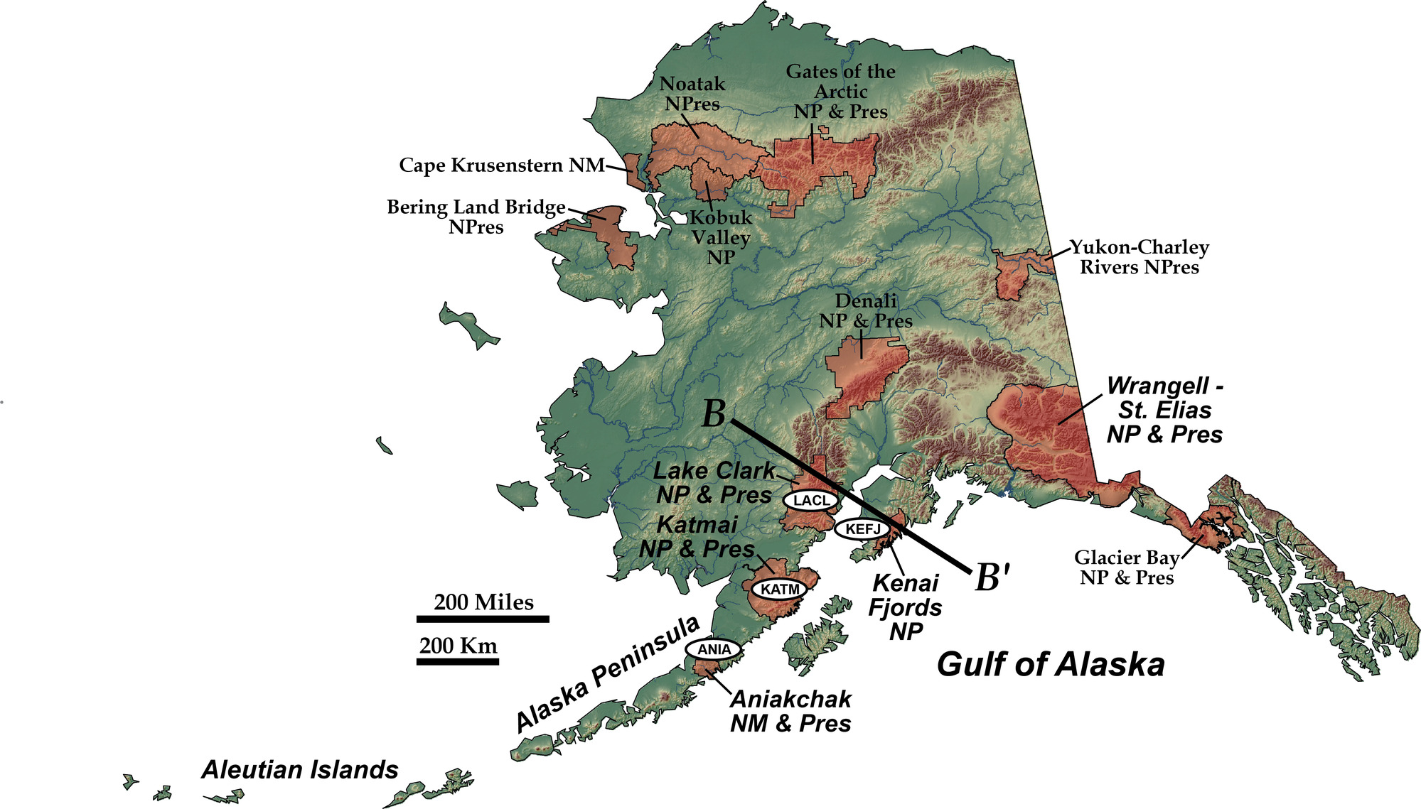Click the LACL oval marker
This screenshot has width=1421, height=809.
(811, 500)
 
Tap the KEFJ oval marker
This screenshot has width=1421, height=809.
(862, 528)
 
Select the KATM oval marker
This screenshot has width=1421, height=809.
(780, 589)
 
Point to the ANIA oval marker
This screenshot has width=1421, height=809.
(714, 649)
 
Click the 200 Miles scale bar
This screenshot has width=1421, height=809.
(483, 619)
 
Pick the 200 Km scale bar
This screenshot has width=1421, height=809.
(457, 661)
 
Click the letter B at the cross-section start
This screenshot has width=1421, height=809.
(714, 414)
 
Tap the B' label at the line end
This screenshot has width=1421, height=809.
(992, 577)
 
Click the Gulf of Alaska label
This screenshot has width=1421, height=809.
(1050, 665)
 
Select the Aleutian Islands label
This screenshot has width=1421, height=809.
(299, 770)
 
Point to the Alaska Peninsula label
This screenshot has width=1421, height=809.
(607, 673)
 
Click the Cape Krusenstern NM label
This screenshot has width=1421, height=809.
(501, 165)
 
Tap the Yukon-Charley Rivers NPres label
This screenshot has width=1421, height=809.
(1140, 257)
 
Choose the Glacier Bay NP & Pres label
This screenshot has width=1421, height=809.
(1127, 567)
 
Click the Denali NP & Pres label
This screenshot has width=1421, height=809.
(865, 311)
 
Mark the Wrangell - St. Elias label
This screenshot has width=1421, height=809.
(1164, 410)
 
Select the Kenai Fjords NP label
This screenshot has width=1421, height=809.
(906, 607)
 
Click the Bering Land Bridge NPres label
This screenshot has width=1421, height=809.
(476, 217)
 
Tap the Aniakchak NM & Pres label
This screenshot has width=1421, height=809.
(790, 711)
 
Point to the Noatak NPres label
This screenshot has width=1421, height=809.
(692, 94)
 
